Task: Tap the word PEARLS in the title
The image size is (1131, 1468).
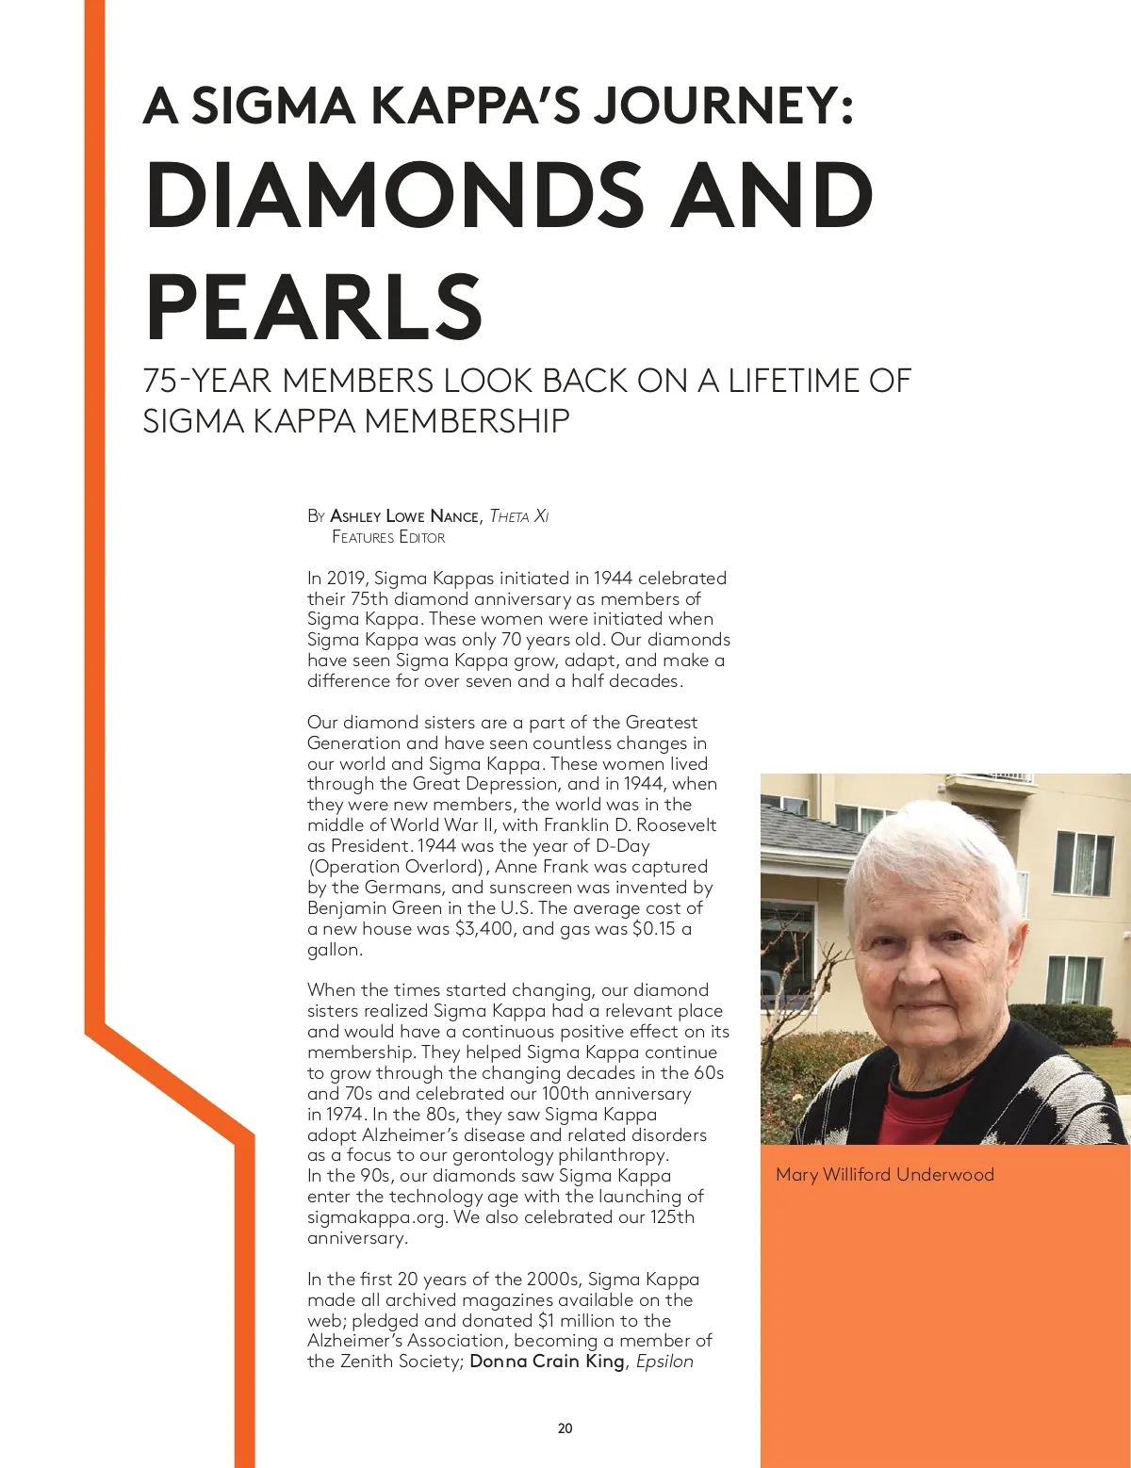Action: click(x=314, y=306)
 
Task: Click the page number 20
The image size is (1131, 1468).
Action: click(x=565, y=1428)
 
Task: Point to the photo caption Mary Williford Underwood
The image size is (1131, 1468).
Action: click(x=884, y=1174)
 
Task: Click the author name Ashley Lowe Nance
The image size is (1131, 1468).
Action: click(x=404, y=516)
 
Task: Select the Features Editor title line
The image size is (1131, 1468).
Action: click(x=388, y=537)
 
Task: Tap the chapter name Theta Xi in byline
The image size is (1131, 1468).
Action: click(x=519, y=516)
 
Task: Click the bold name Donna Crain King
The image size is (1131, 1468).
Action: click(x=547, y=1362)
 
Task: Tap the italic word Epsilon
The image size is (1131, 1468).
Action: click(x=664, y=1362)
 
